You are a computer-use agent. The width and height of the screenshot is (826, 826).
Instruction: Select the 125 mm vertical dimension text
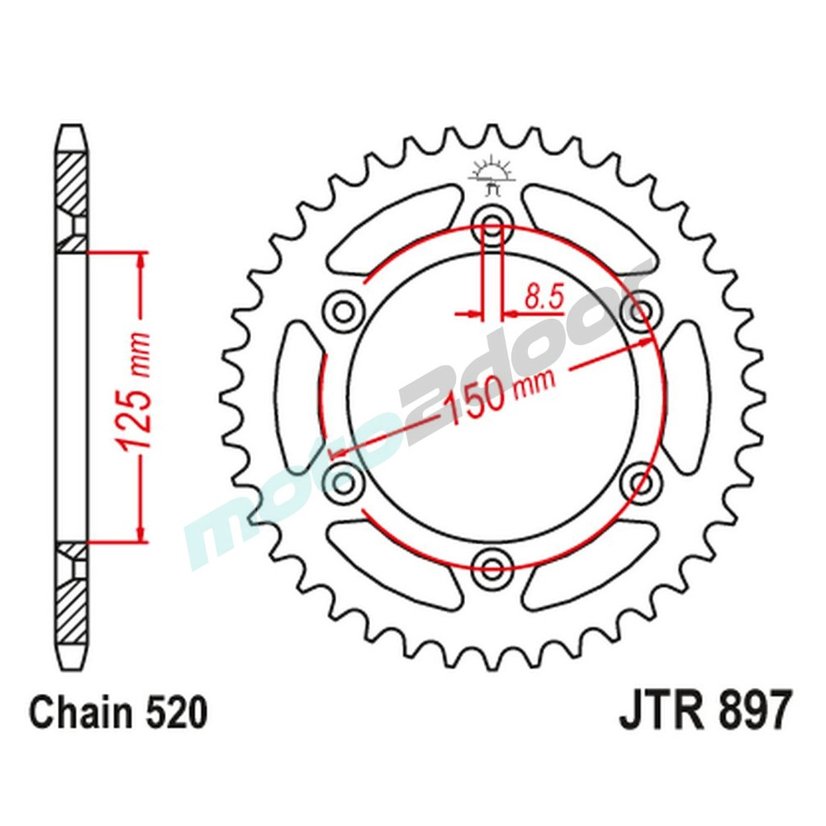point(136,394)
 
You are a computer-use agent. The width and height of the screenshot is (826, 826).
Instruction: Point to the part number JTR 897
point(705,711)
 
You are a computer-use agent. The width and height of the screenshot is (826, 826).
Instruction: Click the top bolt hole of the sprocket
point(493,224)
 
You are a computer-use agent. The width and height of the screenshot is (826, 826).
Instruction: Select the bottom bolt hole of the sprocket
point(493,566)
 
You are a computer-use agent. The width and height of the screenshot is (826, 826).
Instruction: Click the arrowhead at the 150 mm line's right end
point(648,343)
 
